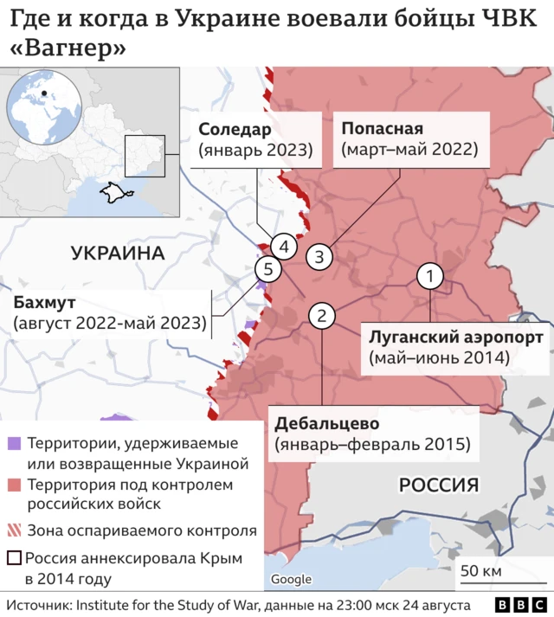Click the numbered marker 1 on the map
tap(430, 277)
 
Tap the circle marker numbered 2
tap(322, 316)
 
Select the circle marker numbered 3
tap(319, 256)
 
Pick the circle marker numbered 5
tap(268, 270)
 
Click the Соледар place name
tap(235, 129)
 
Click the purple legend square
tap(14, 444)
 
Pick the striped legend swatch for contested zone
tap(14, 530)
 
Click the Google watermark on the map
tap(291, 579)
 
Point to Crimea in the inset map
tap(110, 191)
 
